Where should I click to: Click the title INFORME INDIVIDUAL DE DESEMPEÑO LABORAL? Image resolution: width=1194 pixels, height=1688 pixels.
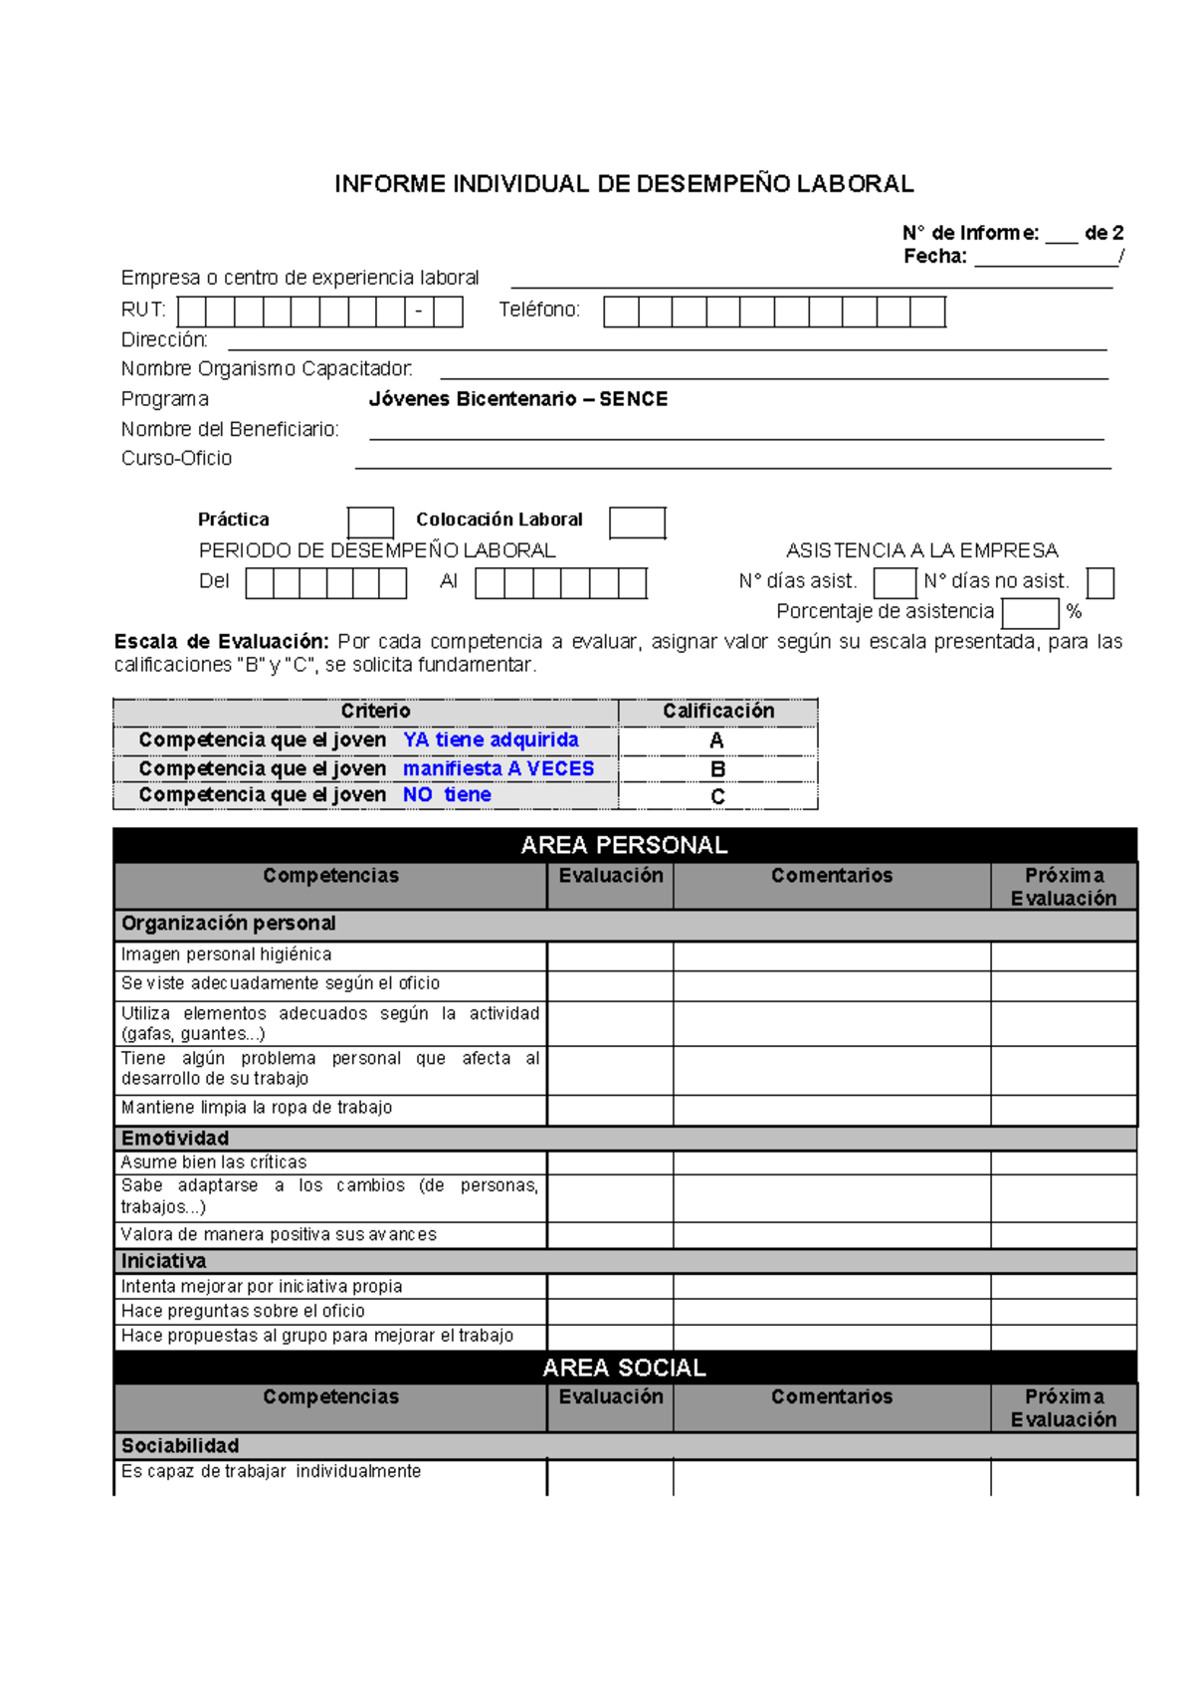click(624, 184)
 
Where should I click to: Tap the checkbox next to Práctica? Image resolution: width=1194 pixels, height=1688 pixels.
click(370, 522)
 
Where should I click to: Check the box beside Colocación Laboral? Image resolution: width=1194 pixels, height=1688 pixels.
click(637, 522)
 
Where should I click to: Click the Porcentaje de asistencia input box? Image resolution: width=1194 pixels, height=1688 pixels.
click(1030, 612)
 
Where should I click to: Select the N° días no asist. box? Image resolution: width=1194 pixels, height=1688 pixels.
click(1099, 582)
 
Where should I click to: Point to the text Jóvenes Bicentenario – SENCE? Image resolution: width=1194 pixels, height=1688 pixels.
click(517, 399)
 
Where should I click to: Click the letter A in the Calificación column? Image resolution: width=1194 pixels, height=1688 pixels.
click(716, 740)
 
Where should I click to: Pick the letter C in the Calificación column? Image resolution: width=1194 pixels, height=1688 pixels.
click(717, 796)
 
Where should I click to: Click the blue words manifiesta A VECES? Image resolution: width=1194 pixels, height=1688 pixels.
click(497, 768)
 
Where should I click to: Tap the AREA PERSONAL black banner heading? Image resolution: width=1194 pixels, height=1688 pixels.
click(624, 845)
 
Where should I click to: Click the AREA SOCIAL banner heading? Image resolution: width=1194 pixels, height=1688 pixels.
click(624, 1368)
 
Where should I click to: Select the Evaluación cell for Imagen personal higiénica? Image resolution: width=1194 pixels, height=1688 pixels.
click(610, 955)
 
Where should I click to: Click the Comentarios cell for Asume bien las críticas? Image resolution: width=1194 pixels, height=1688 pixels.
click(832, 1162)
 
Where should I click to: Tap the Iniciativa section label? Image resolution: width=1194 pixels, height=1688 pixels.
click(164, 1261)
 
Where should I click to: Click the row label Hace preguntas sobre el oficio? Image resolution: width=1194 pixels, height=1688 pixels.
click(243, 1311)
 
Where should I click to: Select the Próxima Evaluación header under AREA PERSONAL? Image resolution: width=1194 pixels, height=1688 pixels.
click(1064, 886)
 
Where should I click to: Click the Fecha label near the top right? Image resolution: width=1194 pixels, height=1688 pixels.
click(934, 256)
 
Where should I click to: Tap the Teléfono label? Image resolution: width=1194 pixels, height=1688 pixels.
click(538, 310)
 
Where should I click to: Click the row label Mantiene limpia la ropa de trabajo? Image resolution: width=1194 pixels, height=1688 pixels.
click(257, 1107)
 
